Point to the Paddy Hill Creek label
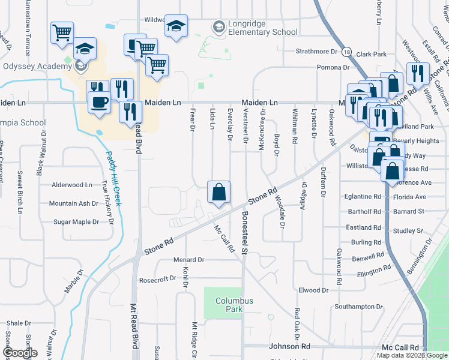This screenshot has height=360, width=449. click(x=114, y=179)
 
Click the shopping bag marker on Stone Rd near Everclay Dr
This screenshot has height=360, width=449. click(x=219, y=193)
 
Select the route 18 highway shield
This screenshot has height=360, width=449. click(x=347, y=52)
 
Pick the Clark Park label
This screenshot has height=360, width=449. click(x=371, y=54)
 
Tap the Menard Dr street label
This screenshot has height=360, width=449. click(x=189, y=260)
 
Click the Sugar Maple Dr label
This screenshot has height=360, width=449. click(x=76, y=222)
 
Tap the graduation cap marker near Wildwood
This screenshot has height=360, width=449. click(x=176, y=26)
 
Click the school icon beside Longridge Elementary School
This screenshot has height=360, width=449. click(x=218, y=27)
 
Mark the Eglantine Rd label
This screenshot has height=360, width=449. click(x=363, y=196)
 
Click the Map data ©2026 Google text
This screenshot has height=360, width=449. click(x=412, y=355)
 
